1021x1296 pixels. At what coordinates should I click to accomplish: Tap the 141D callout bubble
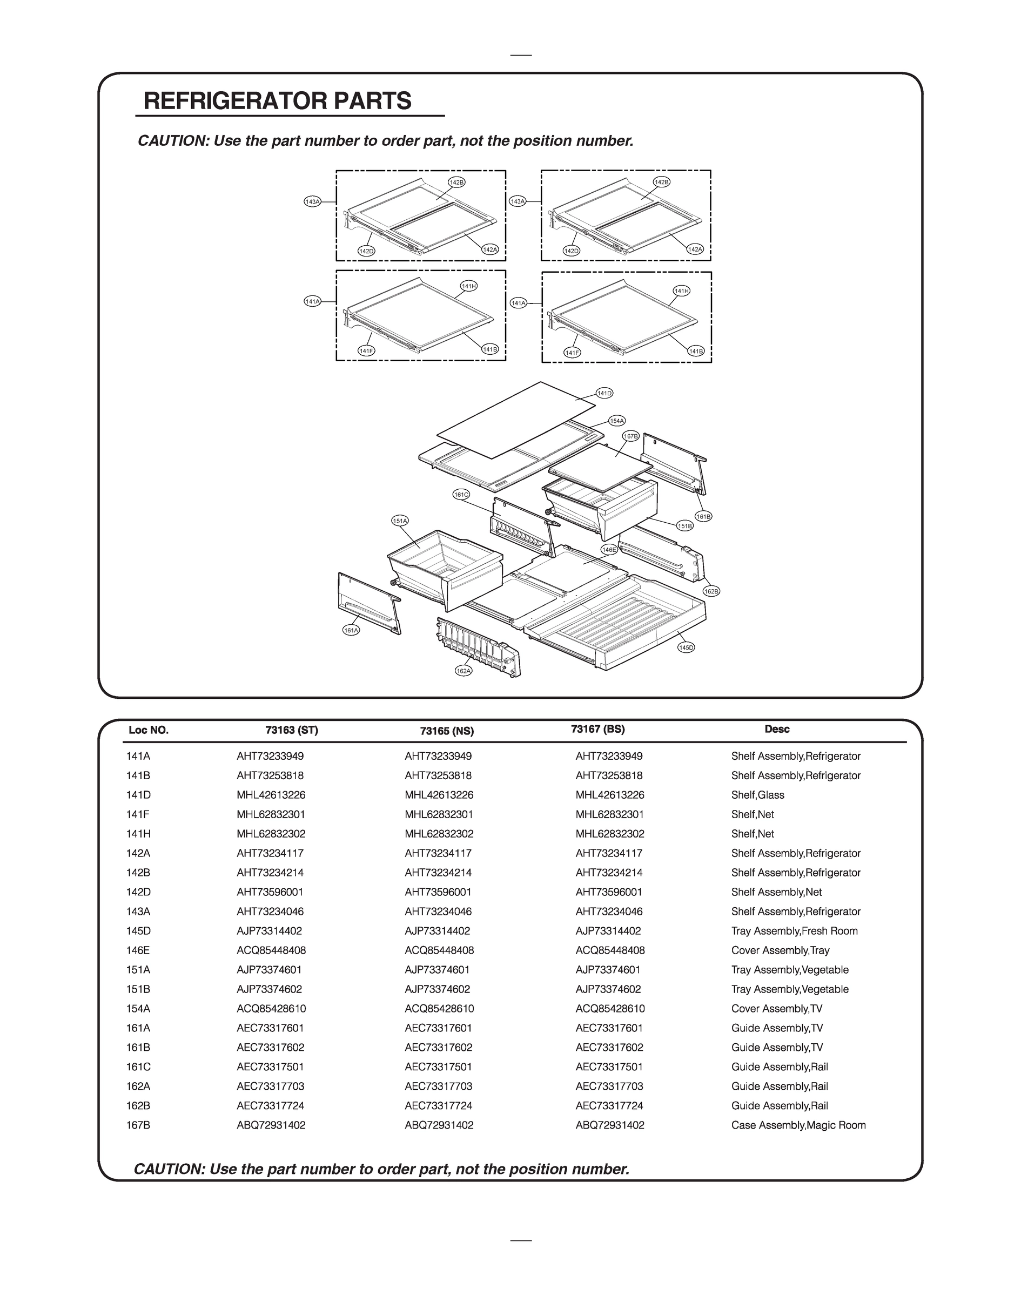point(604,393)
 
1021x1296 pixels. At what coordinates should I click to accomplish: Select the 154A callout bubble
point(617,421)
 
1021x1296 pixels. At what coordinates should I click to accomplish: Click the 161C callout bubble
point(461,494)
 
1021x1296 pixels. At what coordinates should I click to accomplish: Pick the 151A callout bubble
point(400,521)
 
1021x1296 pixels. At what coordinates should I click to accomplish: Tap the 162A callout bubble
point(464,671)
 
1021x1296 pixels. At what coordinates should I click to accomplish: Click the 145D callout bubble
point(686,647)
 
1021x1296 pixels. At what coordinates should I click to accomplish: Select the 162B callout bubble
point(711,591)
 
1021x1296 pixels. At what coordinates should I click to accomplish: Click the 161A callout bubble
point(351,630)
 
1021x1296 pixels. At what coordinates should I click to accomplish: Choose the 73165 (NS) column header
point(447,731)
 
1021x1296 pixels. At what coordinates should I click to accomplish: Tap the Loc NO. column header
point(149,730)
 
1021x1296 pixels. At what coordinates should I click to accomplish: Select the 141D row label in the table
point(138,795)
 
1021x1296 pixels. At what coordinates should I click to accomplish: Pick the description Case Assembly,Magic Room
point(798,1125)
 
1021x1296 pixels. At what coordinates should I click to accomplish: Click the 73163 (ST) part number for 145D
point(269,931)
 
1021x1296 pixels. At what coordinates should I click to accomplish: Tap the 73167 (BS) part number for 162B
point(610,1105)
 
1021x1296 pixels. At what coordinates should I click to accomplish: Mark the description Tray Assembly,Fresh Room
point(794,931)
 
